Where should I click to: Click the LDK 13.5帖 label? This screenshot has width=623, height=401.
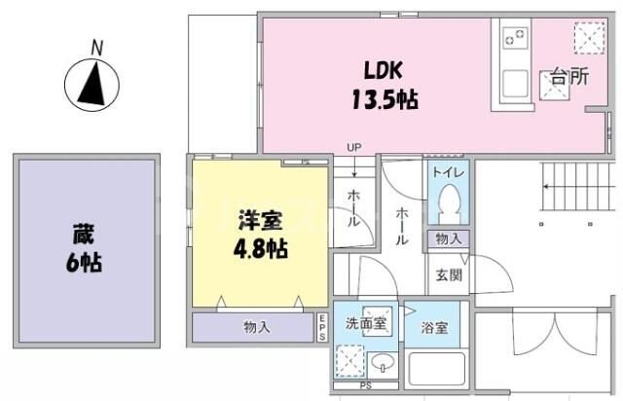pos(385,85)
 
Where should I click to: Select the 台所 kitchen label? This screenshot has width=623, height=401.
pos(568,78)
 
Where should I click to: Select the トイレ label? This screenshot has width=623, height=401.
pos(449,173)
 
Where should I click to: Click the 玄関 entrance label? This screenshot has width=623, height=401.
pos(449,274)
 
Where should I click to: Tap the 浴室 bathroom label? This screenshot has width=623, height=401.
pos(435,328)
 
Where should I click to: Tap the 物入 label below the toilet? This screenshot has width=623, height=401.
pos(449,238)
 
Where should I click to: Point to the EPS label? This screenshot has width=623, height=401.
pos(322,328)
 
